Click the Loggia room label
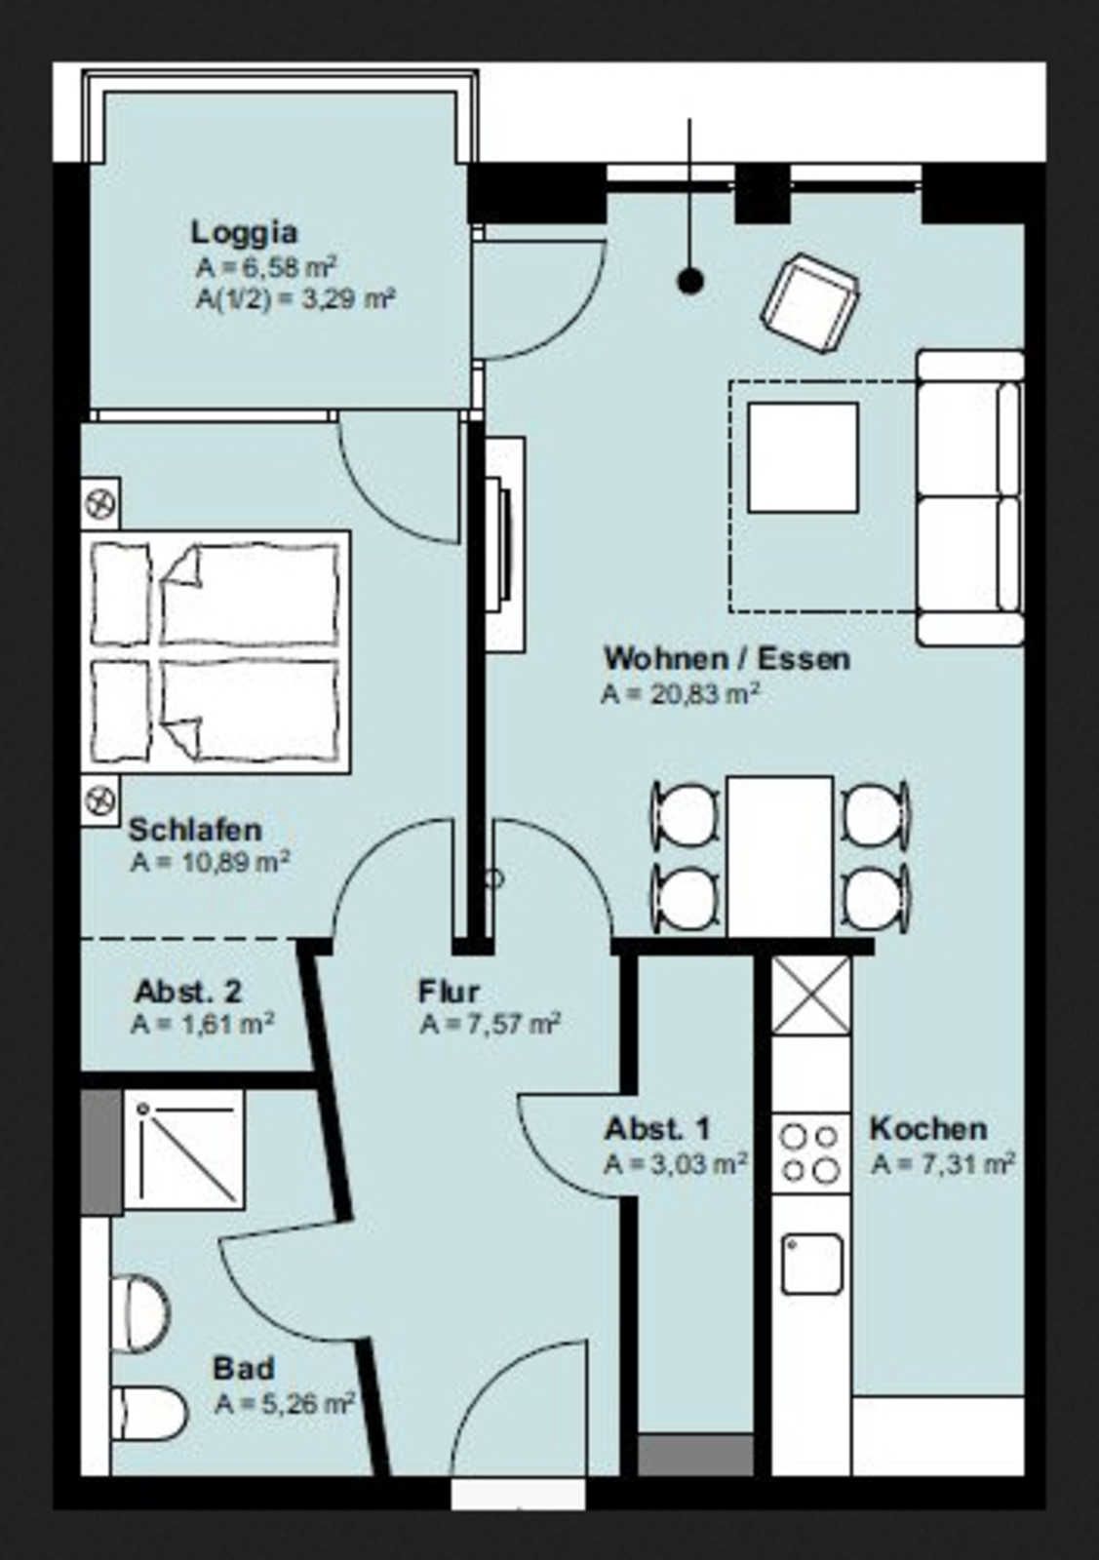click(245, 233)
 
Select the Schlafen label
click(196, 830)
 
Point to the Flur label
click(450, 991)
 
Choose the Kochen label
click(928, 1129)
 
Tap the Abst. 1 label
click(657, 1129)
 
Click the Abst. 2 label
click(188, 991)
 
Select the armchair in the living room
click(810, 303)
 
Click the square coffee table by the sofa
click(803, 457)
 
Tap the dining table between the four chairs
click(780, 856)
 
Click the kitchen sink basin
click(812, 1264)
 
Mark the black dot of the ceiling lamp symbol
click(690, 281)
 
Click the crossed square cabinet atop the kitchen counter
click(811, 995)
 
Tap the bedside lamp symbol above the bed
click(100, 503)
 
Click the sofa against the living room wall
click(970, 498)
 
